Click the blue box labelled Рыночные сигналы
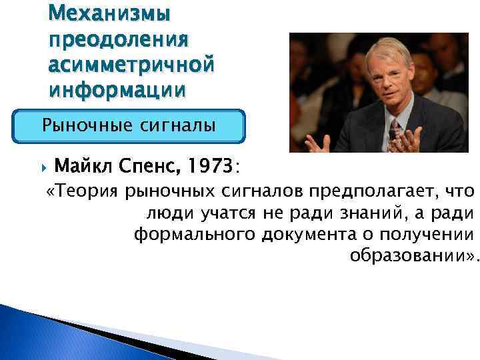coord(129,125)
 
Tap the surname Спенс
coord(150,163)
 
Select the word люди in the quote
coord(162,214)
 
